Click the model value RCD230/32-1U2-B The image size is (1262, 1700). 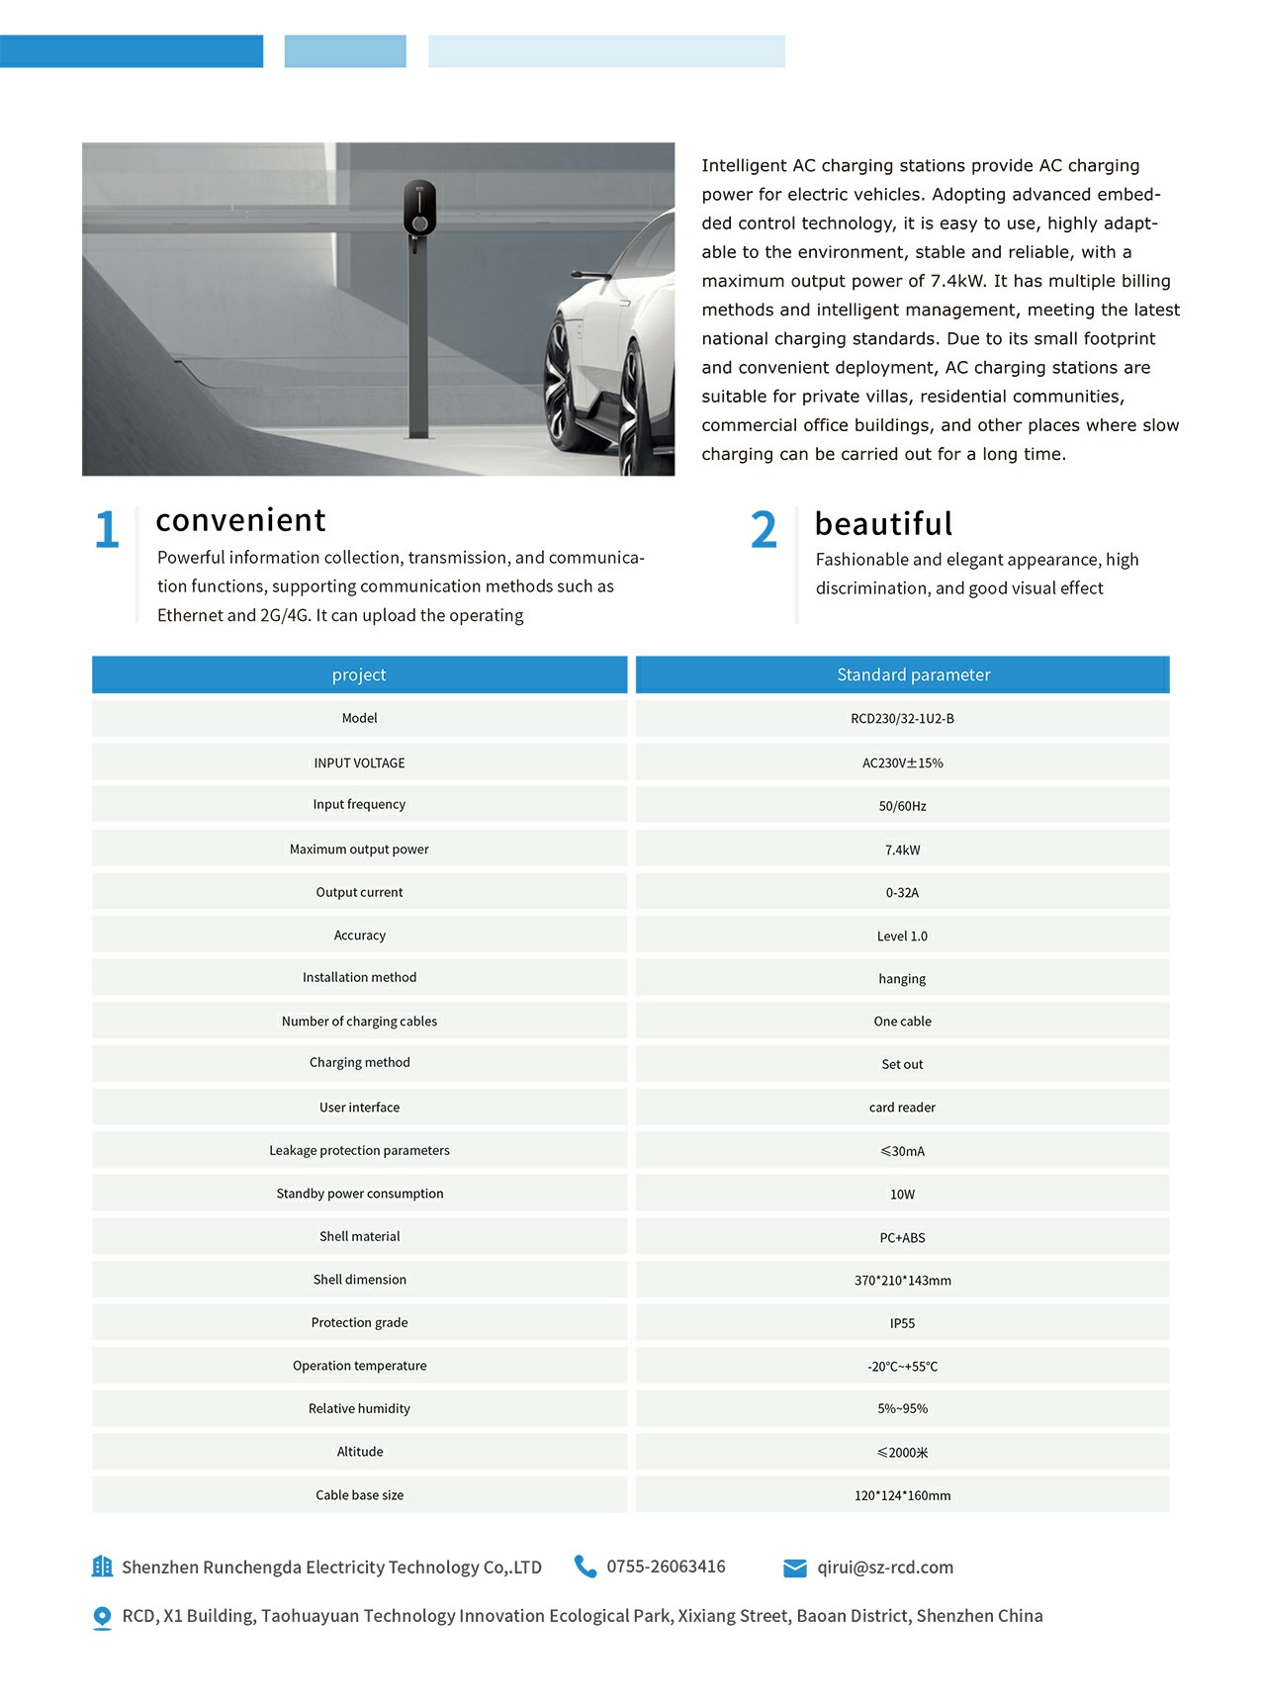coord(902,719)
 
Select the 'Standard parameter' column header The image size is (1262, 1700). coord(913,674)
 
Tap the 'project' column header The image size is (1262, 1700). coord(359,674)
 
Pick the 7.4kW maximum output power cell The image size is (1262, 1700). coord(902,850)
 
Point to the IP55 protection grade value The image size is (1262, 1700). coord(902,1323)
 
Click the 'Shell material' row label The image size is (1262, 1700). coord(359,1236)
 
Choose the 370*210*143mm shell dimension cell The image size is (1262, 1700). coord(902,1281)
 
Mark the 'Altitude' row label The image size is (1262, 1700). coord(359,1452)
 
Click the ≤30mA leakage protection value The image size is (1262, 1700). coord(902,1151)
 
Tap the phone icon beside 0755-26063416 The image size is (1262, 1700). coord(586,1566)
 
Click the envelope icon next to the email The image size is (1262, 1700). coord(795,1568)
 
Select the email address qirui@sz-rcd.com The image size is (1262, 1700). coord(885,1567)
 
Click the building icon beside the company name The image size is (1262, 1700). coord(102,1566)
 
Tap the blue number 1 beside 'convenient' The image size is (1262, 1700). coord(107,530)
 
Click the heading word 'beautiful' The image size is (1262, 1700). coord(883,523)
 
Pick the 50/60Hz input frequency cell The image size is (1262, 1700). coord(902,806)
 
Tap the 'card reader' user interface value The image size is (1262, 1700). coord(902,1108)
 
